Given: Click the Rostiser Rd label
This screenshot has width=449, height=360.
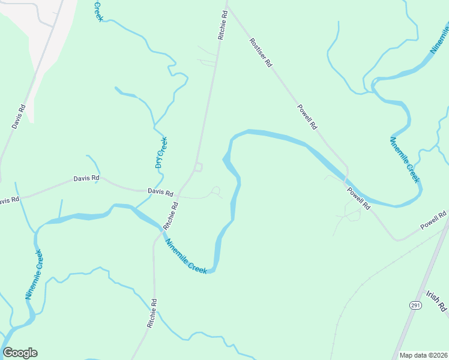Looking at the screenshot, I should click(261, 53).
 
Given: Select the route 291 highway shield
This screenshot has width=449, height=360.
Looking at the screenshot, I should click(415, 305).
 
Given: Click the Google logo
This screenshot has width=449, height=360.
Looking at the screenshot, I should click(20, 353).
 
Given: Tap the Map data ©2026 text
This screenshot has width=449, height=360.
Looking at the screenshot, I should click(423, 355).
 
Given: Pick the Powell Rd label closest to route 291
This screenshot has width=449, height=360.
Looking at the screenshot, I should click(433, 220).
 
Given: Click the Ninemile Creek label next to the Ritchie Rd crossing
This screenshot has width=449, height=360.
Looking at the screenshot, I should click(186, 257).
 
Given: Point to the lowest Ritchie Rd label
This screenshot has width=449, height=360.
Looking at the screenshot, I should click(152, 313).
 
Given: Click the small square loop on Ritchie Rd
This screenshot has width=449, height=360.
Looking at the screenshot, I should click(198, 167).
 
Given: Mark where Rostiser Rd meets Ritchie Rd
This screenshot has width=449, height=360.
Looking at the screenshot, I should click(226, 7).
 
